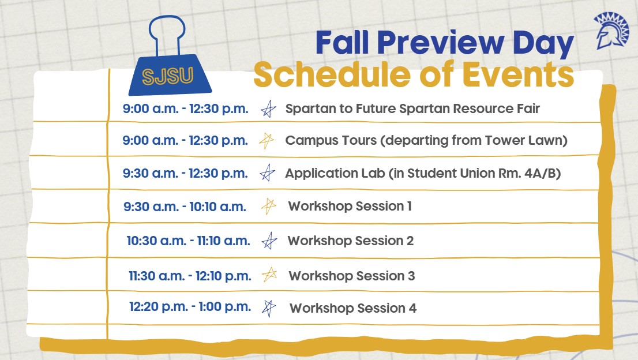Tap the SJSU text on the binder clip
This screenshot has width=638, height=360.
click(x=168, y=76)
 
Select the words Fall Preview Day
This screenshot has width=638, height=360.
click(x=445, y=44)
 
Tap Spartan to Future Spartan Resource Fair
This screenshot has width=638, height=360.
click(x=412, y=108)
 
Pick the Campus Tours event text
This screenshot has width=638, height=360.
click(x=426, y=141)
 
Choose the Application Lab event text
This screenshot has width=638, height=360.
click(x=423, y=173)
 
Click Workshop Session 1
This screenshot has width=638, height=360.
click(x=350, y=206)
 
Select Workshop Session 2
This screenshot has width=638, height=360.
click(x=350, y=241)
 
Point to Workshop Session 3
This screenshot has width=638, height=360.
click(x=351, y=276)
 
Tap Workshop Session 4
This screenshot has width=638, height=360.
click(x=352, y=308)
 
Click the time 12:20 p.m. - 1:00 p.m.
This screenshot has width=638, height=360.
click(x=190, y=307)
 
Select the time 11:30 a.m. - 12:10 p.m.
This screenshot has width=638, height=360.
click(x=190, y=276)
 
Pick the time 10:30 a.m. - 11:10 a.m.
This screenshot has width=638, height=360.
click(x=189, y=241)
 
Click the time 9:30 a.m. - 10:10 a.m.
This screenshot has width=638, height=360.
click(x=185, y=206)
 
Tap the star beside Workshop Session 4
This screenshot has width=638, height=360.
click(x=268, y=308)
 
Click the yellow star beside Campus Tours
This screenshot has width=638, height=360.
click(x=266, y=141)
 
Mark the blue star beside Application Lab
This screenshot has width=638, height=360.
click(x=267, y=173)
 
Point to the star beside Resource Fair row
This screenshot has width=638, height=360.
click(x=267, y=109)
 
